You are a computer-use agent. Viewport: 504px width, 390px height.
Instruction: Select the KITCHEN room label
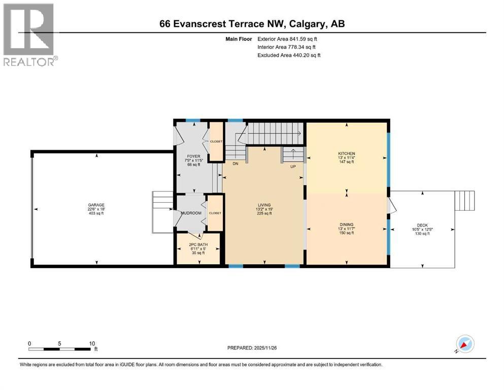347,153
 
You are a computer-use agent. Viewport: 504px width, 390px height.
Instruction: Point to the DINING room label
347,224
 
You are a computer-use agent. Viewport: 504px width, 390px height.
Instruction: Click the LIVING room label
264,205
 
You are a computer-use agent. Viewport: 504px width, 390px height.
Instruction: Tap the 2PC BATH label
198,244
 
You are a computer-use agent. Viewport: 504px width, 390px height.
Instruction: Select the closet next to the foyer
216,141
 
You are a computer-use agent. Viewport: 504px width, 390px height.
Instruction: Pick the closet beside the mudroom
215,213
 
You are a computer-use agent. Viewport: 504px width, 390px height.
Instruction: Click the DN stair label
234,164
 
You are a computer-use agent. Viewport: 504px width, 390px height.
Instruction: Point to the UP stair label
293,167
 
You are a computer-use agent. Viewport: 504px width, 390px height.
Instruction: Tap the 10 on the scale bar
92,343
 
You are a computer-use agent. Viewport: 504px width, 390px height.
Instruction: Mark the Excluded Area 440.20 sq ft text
289,55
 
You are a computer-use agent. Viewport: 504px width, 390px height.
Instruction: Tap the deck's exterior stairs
464,200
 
